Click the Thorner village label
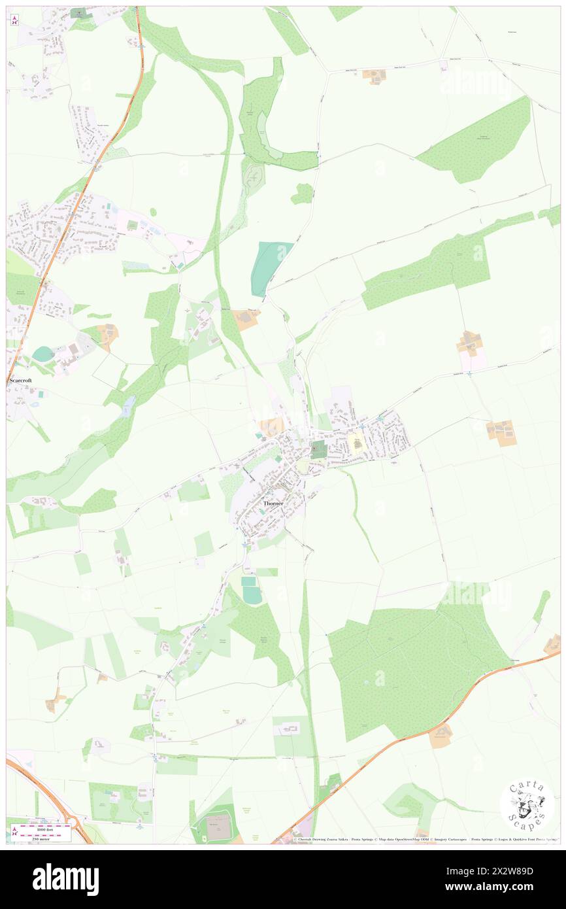pyautogui.click(x=274, y=504)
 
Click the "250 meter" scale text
pyautogui.click(x=44, y=839)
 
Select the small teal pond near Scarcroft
pyautogui.click(x=43, y=354)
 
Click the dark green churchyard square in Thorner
pyautogui.click(x=318, y=449)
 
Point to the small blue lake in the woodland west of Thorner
pyautogui.click(x=127, y=406)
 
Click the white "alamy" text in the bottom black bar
pyautogui.click(x=65, y=879)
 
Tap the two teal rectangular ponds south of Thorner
pyautogui.click(x=251, y=591)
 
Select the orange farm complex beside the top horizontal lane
pyautogui.click(x=374, y=76)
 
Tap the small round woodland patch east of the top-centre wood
pyautogui.click(x=302, y=194)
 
